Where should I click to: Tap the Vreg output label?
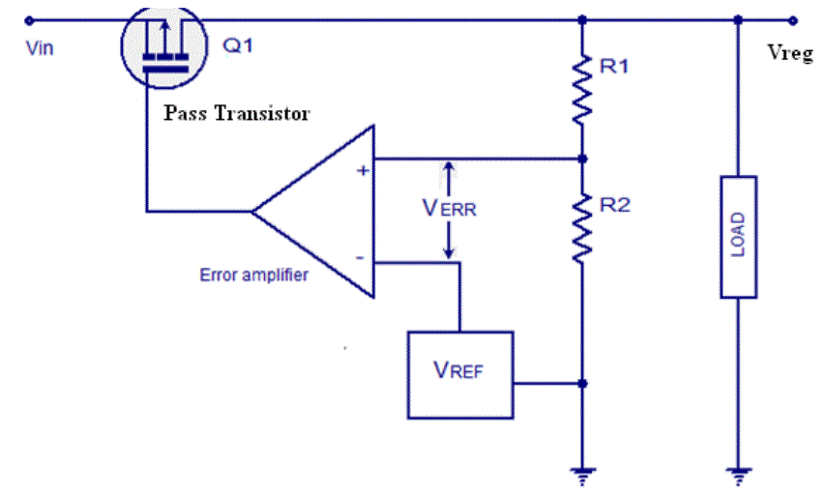[x=789, y=54]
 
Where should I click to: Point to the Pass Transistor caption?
[x=236, y=114]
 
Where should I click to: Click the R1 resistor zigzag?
[x=581, y=90]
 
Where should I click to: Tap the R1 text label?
[x=614, y=67]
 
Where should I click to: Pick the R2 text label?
[x=615, y=205]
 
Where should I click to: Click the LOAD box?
[x=738, y=236]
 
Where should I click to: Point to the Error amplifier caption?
[x=253, y=274]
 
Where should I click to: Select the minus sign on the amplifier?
[x=360, y=257]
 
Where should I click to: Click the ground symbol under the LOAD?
[x=738, y=474]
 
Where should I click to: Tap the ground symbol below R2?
[x=581, y=474]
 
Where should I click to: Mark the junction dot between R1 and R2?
[x=581, y=158]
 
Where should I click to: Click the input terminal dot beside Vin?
[x=30, y=18]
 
